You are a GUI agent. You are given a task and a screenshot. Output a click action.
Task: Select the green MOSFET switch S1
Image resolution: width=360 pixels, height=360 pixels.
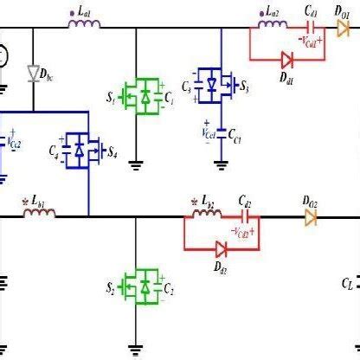click(x=136, y=93)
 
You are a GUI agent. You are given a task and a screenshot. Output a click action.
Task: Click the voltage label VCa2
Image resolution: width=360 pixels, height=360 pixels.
click(x=16, y=139)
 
